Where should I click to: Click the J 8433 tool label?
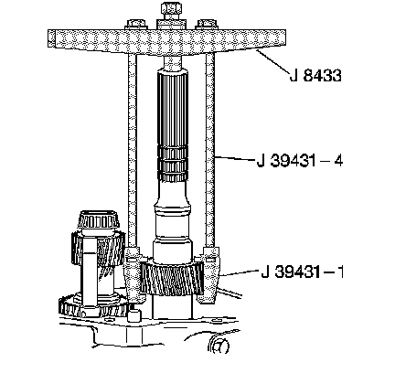tap(315, 75)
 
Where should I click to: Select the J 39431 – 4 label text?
tap(300, 160)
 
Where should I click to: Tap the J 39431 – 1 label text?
tap(302, 272)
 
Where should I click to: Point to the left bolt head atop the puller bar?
tap(136, 24)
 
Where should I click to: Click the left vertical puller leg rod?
tap(133, 151)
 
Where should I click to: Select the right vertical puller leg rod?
tap(210, 150)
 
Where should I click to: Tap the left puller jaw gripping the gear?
tap(133, 273)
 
